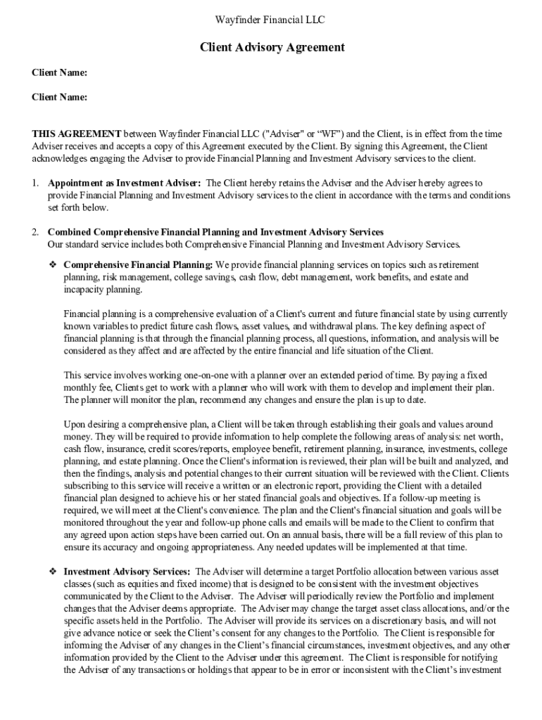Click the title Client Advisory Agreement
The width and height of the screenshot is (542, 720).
[272, 48]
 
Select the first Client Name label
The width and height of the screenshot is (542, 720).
[60, 73]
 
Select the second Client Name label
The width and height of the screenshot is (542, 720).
[60, 98]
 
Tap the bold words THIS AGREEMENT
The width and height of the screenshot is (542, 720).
[77, 134]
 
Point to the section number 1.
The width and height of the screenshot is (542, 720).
[34, 183]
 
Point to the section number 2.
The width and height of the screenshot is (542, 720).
[34, 232]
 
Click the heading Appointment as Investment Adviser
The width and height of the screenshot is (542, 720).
[125, 183]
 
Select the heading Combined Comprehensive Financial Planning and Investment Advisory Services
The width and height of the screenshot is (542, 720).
[215, 232]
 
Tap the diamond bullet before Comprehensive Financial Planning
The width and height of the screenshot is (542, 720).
[52, 264]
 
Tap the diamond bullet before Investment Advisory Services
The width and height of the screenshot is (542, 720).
[52, 572]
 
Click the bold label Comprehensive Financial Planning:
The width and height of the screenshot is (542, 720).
[138, 265]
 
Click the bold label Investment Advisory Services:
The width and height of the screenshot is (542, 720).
[127, 572]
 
